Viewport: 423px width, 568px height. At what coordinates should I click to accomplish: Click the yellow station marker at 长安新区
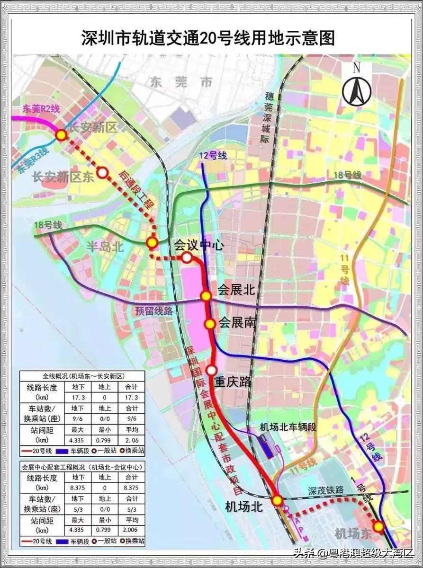coord(61,135)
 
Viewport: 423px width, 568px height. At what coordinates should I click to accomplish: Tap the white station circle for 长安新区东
coord(102,173)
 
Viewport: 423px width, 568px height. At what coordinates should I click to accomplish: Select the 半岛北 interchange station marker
coord(152,243)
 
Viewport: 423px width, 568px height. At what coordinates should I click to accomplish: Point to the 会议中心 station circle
coord(187,257)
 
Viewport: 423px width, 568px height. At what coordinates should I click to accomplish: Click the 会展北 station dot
coord(206,296)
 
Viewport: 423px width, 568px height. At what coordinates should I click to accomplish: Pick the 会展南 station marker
coord(209,324)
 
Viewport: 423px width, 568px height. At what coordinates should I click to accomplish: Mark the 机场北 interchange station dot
coord(277,500)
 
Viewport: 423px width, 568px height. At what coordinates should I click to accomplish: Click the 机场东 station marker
coord(378,526)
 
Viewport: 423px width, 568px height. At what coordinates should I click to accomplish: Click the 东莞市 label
coord(181,82)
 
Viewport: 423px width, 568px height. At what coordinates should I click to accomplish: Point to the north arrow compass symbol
coord(356,87)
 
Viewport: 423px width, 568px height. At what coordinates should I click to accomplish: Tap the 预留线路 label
coord(154,311)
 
